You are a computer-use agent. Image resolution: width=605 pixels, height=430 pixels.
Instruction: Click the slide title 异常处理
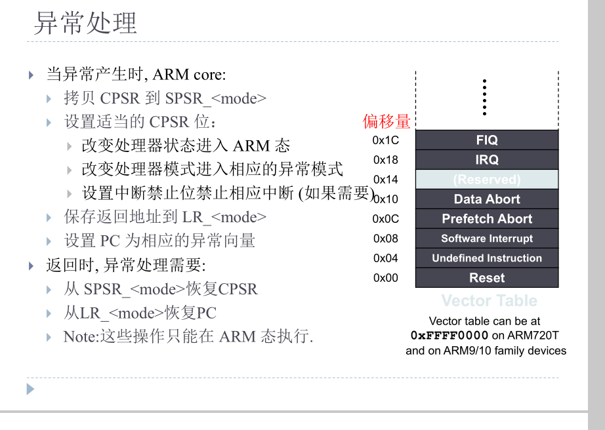(85, 23)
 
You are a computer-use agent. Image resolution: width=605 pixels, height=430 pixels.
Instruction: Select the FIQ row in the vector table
(487, 140)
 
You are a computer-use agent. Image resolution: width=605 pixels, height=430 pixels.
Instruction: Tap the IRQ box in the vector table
(487, 159)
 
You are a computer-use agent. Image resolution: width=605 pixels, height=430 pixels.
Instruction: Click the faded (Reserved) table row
(487, 180)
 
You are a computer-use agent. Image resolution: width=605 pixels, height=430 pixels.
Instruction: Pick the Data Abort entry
(487, 199)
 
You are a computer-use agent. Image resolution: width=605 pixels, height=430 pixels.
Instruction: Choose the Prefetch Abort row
(487, 219)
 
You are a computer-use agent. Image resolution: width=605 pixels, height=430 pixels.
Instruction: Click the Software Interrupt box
(487, 239)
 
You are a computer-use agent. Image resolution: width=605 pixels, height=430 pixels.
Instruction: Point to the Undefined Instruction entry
(487, 258)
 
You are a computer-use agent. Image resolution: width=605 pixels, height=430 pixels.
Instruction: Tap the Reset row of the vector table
(487, 278)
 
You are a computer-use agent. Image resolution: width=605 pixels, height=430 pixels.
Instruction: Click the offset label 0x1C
(385, 140)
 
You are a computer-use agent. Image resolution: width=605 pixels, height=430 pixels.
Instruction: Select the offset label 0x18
(385, 160)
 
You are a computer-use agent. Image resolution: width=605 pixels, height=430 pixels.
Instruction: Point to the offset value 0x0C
(385, 219)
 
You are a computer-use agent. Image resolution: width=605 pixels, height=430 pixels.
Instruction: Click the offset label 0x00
(385, 278)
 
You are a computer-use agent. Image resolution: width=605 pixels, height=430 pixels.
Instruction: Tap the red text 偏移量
(386, 121)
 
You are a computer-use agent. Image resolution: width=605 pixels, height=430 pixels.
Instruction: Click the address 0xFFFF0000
(449, 336)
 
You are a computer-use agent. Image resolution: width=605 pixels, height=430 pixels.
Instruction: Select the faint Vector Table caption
(489, 301)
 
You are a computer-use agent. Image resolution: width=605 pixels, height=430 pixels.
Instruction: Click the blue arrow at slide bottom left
(30, 389)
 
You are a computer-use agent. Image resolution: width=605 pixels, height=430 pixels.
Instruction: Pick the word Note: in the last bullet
(81, 337)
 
